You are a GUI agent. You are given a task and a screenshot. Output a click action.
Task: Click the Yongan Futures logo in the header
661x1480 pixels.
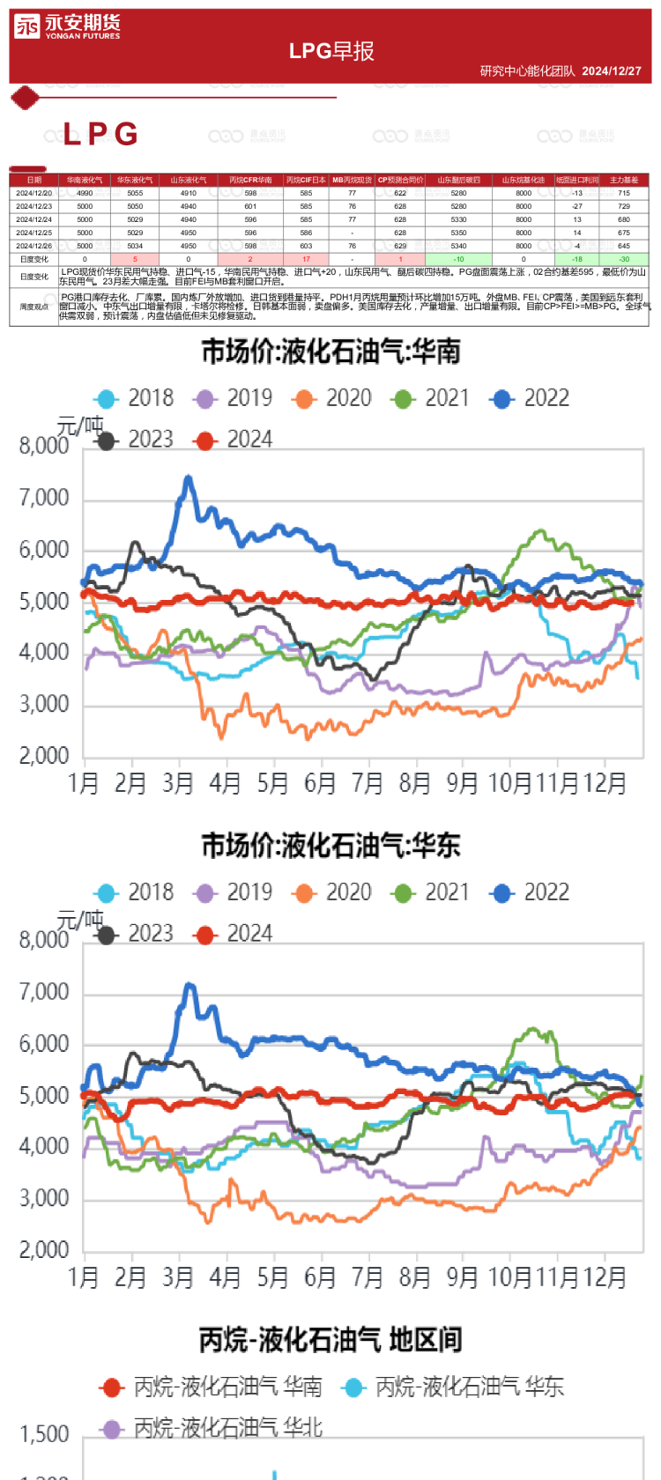click(67, 27)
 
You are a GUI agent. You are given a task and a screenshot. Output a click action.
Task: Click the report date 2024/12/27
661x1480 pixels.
click(612, 70)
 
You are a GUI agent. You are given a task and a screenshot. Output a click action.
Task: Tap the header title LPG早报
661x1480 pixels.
click(331, 51)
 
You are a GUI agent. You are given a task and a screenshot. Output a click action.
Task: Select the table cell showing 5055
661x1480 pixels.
click(135, 193)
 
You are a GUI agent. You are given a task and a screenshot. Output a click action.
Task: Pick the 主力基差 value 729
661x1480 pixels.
click(624, 206)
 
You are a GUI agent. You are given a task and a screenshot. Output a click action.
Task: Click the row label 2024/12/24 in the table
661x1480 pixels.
click(33, 219)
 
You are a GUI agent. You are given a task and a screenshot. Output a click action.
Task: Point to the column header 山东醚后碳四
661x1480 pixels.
click(458, 180)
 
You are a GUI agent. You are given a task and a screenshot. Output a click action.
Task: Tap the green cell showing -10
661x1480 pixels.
click(458, 260)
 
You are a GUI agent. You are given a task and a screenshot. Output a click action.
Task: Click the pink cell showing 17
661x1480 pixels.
click(306, 260)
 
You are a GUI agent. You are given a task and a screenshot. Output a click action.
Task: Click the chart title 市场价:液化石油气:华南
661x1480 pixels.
click(330, 352)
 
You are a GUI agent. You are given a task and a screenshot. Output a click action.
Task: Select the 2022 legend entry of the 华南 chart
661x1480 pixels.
click(530, 398)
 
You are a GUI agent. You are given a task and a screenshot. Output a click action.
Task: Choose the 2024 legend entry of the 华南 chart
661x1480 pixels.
click(233, 440)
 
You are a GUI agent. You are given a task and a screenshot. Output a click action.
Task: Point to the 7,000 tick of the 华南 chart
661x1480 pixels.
click(44, 499)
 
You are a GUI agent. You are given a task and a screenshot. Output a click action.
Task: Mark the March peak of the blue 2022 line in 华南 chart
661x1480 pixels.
click(188, 478)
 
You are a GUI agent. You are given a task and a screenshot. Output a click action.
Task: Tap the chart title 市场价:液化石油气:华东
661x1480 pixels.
click(330, 847)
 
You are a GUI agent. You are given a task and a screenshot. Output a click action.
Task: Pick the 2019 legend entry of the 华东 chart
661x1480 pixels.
click(233, 892)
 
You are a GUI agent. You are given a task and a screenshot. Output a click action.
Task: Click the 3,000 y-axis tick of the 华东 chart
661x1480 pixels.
click(44, 1199)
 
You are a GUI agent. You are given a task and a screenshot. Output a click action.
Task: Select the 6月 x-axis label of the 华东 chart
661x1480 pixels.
click(320, 1277)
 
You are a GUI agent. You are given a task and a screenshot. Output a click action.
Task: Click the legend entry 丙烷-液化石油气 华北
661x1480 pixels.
click(212, 1428)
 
